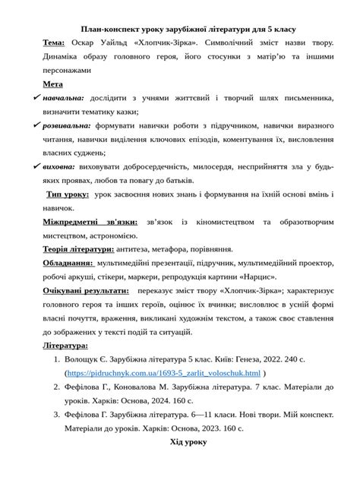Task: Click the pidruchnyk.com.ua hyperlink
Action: click(x=163, y=374)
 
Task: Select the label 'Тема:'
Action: click(x=53, y=43)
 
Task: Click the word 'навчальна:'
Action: click(x=64, y=98)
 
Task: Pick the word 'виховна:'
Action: click(x=58, y=166)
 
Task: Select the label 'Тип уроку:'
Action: click(x=67, y=194)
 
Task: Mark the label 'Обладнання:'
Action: click(x=68, y=263)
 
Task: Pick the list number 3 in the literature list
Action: click(x=56, y=415)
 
